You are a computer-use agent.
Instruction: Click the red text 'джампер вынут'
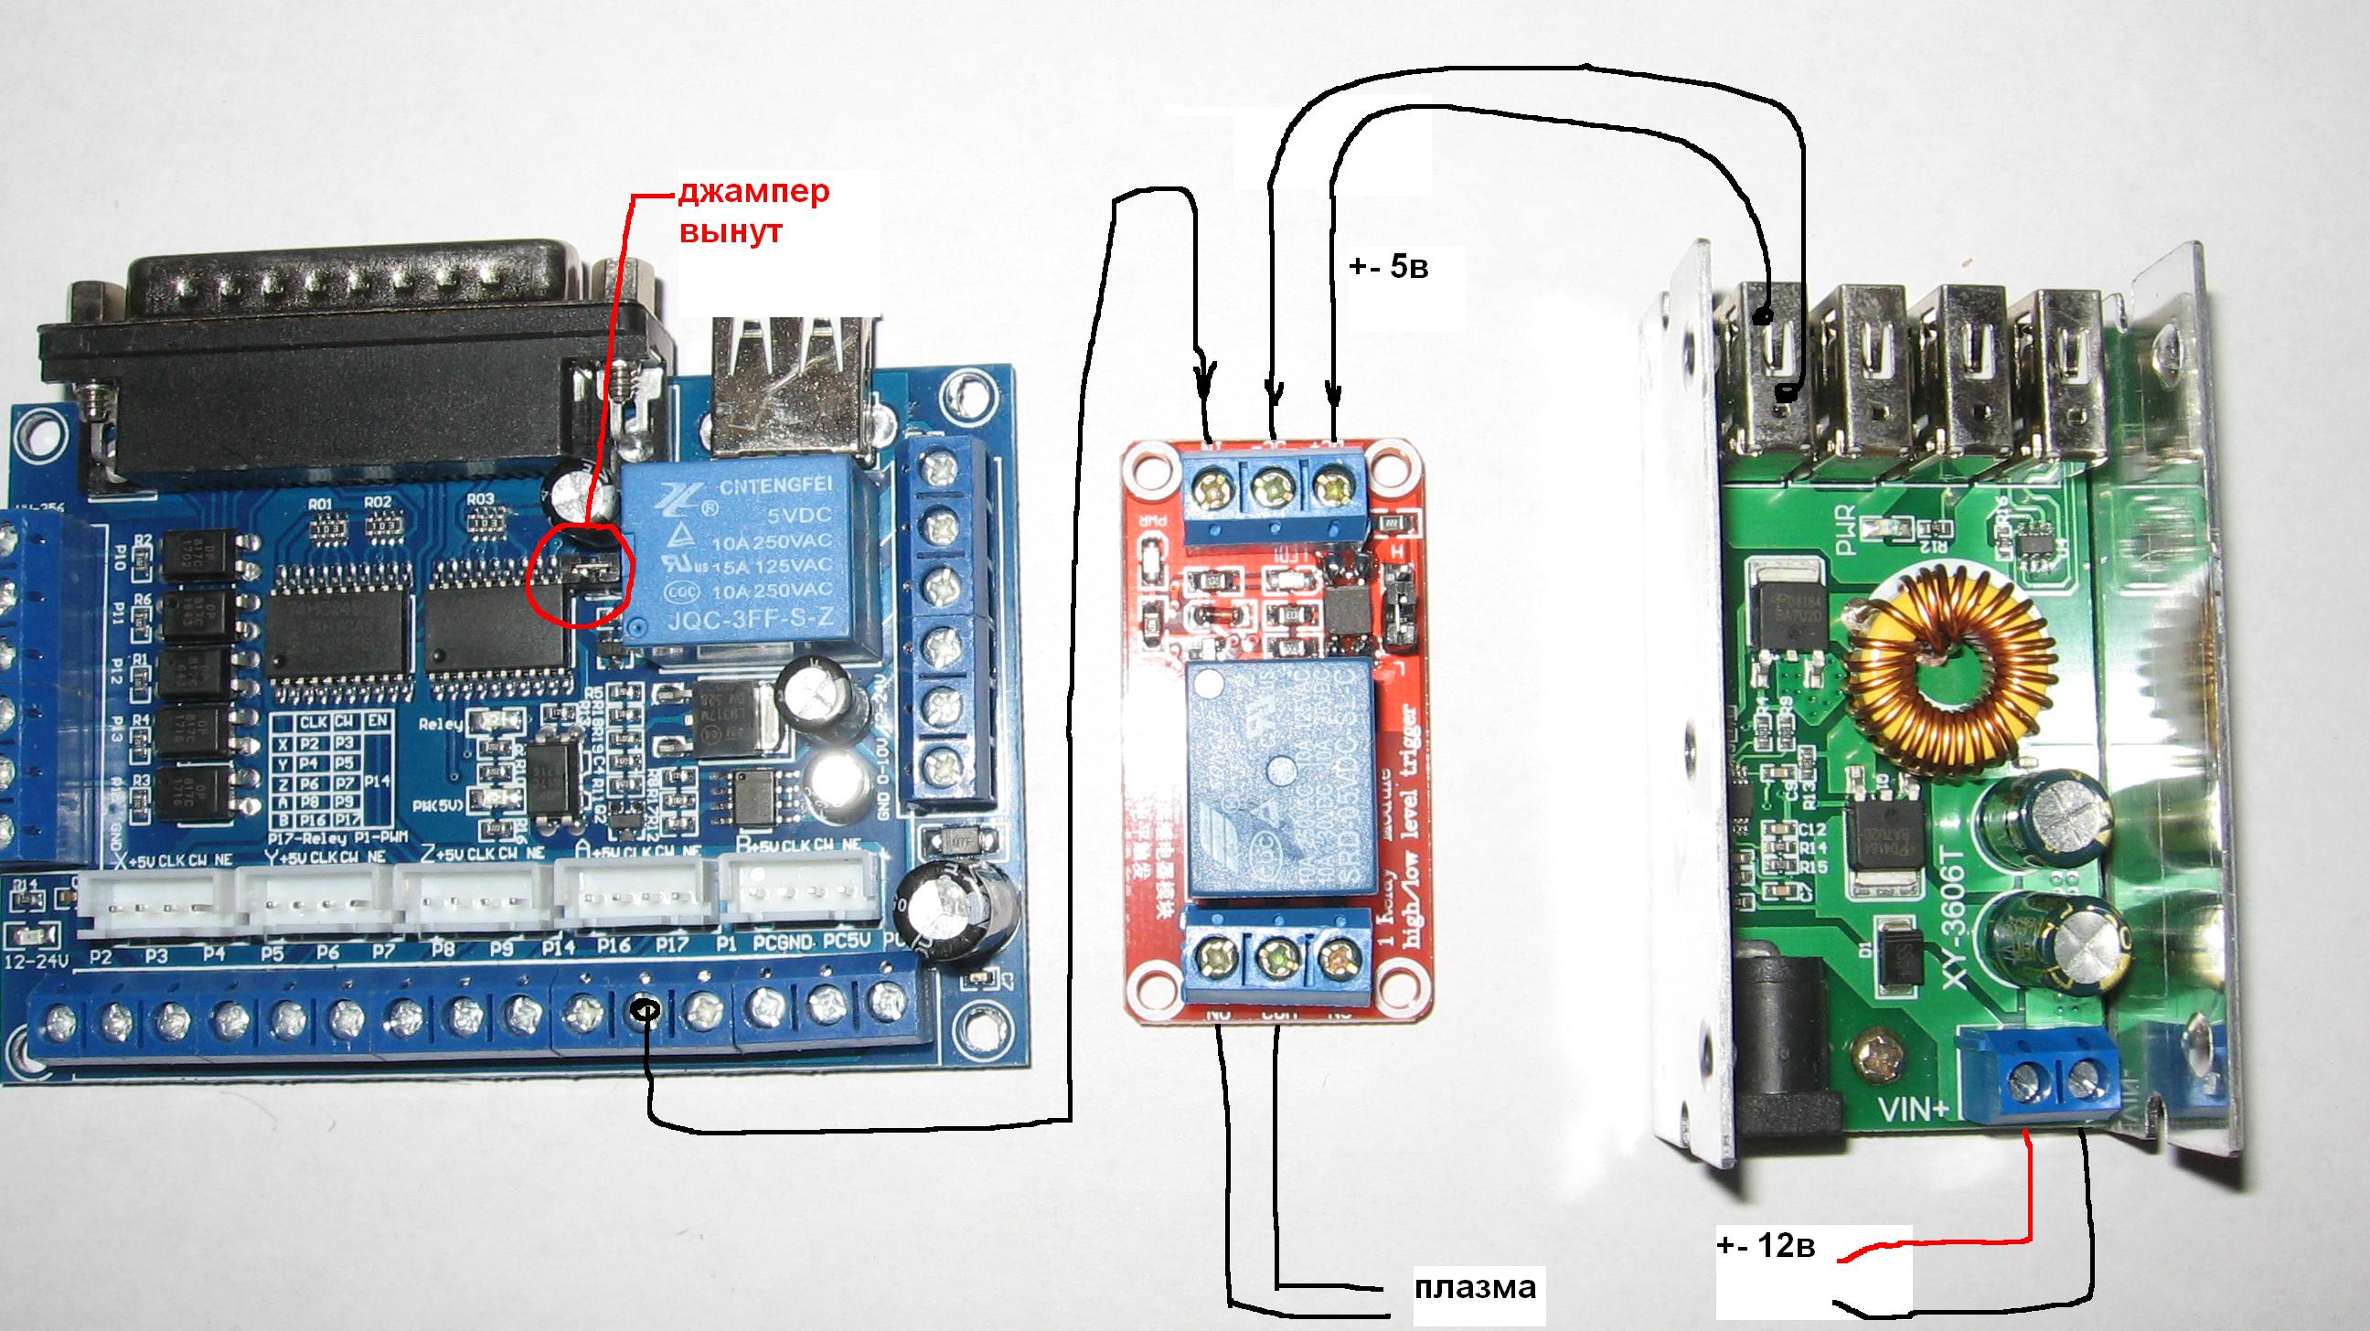[753, 210]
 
